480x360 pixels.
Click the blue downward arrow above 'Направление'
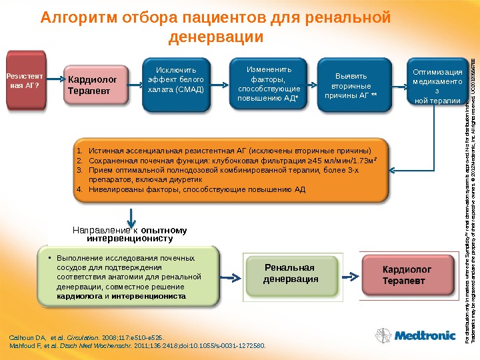(x=133, y=215)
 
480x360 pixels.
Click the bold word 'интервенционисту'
(x=130, y=238)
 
